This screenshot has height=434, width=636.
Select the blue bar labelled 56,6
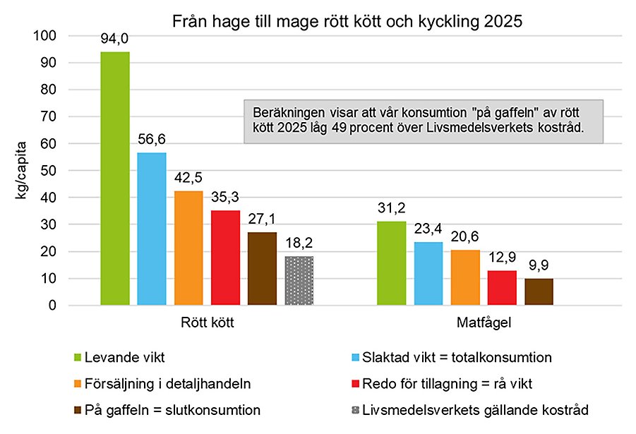152,229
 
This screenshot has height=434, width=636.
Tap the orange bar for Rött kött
188,248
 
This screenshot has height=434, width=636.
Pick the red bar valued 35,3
225,258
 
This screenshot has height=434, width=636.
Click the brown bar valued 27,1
262,269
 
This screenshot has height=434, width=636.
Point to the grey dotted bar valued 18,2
299,281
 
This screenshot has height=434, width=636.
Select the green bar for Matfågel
391,263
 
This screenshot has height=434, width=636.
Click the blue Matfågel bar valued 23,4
428,274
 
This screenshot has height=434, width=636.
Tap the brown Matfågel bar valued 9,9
539,292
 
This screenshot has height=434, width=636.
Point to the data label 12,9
502,260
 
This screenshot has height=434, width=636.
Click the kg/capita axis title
23,171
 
